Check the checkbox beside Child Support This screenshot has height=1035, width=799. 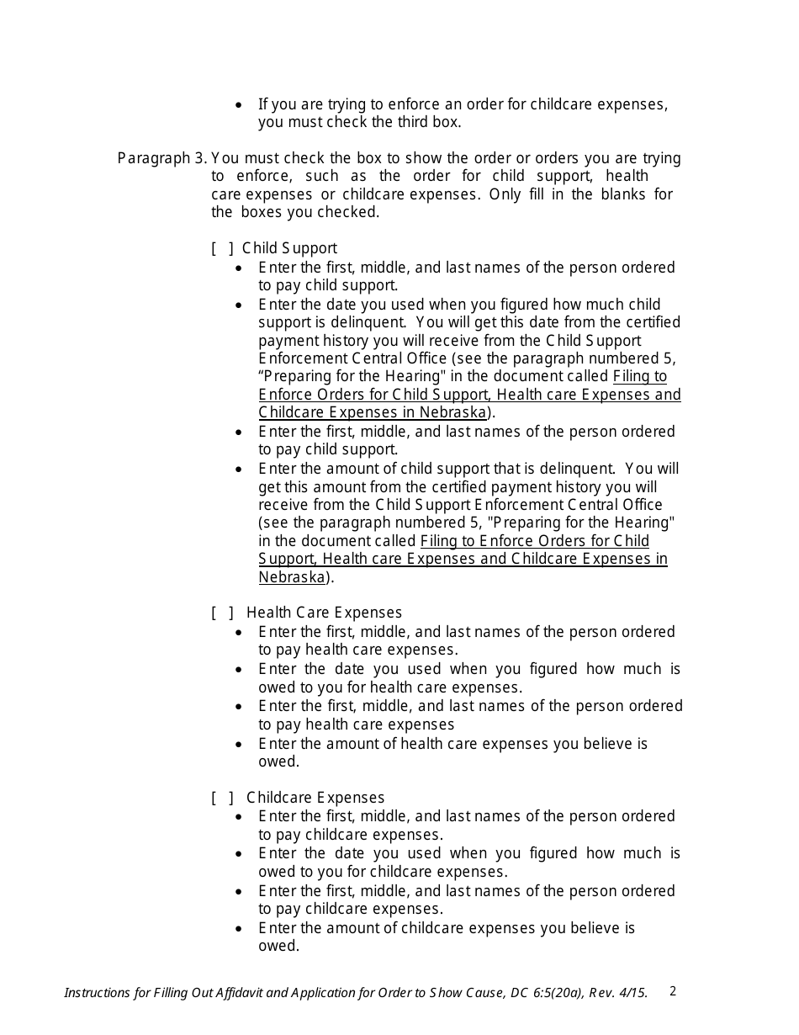click(223, 249)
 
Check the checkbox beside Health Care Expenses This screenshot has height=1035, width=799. click(223, 613)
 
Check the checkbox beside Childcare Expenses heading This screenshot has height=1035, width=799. click(223, 798)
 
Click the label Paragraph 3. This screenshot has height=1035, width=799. click(162, 158)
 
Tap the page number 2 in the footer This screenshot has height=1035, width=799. click(673, 991)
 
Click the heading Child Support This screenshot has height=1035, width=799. click(289, 249)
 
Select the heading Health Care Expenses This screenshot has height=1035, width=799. click(324, 613)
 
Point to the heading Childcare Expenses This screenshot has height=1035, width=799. click(315, 798)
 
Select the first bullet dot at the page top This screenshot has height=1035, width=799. click(240, 105)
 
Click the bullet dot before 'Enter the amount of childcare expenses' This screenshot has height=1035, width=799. click(240, 929)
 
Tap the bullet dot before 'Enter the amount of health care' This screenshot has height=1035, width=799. click(240, 745)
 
